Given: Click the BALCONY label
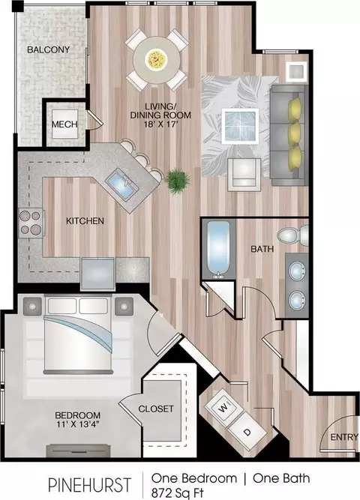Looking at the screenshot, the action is (x=48, y=49).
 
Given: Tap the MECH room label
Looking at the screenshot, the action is (x=64, y=124).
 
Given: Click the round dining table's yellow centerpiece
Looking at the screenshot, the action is (x=157, y=59).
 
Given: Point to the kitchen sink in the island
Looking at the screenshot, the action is (x=122, y=185).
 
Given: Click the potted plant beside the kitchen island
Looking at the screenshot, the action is (x=177, y=179).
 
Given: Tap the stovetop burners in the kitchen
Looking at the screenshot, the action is (x=31, y=223).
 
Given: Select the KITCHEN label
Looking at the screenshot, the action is (x=85, y=220).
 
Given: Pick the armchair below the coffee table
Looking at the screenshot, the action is (x=244, y=175).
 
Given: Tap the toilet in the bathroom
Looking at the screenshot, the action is (x=292, y=235).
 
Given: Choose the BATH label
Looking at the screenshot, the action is (x=262, y=249).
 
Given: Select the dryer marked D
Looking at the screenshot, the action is (x=247, y=433).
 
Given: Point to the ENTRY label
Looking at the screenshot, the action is (x=344, y=437).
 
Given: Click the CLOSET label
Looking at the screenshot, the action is (x=156, y=409).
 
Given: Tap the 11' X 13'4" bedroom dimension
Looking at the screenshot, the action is (x=77, y=424).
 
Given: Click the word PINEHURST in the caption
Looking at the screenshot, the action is (x=89, y=485).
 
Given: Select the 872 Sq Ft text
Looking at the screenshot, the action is (x=178, y=493).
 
